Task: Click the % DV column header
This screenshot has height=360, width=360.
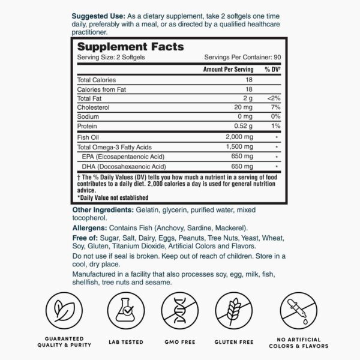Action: (273, 70)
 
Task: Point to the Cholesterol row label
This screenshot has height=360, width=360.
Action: (93, 106)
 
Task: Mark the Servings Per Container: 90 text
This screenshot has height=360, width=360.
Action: (242, 58)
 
